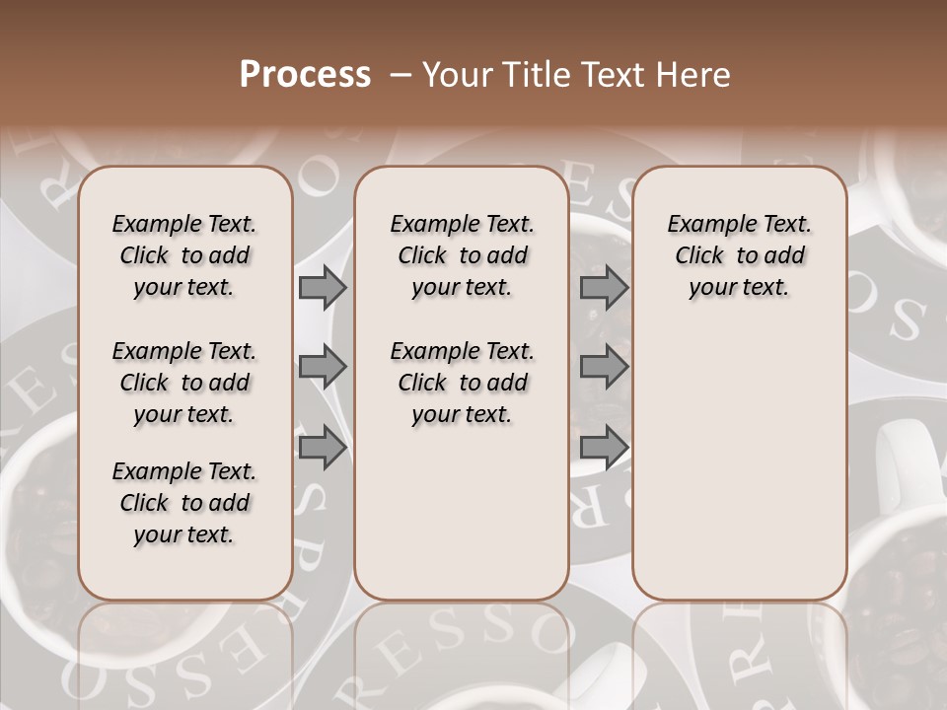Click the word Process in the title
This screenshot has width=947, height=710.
coord(305,75)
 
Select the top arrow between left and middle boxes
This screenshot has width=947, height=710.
coord(323,288)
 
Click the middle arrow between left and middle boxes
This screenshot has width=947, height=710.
coord(323,367)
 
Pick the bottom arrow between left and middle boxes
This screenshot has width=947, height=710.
coord(323,448)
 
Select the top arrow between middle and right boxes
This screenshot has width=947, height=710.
coord(604,288)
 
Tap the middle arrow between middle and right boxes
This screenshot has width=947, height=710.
coord(604,367)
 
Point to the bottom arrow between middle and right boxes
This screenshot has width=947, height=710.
coord(604,448)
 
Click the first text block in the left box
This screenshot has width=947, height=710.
coord(183,255)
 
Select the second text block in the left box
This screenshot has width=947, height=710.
coord(183,383)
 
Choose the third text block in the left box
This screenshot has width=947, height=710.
coord(183,503)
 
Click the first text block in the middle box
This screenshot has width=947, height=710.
coord(462,255)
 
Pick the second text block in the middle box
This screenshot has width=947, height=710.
coord(462,383)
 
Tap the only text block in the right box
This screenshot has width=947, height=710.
coord(739,255)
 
